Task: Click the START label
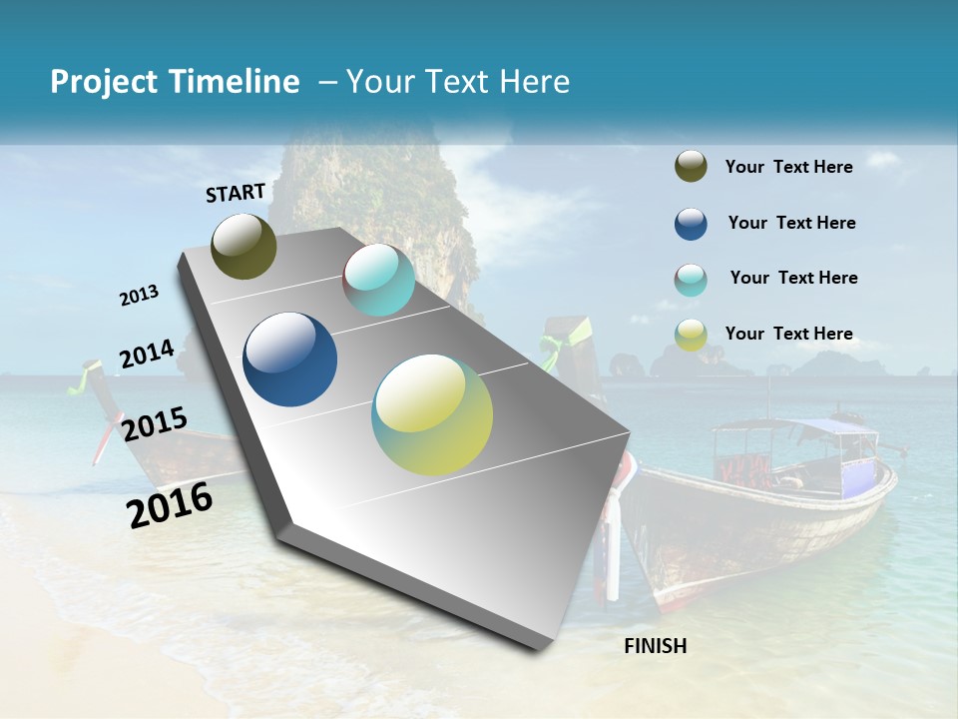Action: click(236, 193)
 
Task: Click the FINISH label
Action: click(656, 646)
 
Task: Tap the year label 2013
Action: click(140, 296)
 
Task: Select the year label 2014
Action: click(148, 355)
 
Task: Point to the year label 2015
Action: click(155, 424)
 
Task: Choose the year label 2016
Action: click(170, 504)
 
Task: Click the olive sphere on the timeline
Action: click(244, 246)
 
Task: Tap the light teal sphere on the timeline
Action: click(379, 280)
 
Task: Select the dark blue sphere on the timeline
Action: click(290, 359)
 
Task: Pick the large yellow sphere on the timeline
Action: click(432, 414)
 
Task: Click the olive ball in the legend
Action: click(691, 167)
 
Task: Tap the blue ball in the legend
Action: click(691, 224)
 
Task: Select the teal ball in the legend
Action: click(691, 280)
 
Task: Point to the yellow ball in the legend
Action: click(691, 335)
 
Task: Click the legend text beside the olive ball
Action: click(788, 167)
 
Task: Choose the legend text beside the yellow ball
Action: click(788, 334)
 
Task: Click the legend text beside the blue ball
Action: click(791, 223)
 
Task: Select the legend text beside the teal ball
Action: click(793, 278)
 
